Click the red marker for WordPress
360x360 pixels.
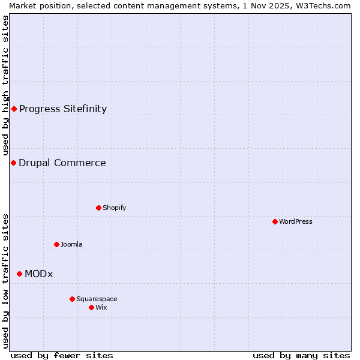pos(275,221)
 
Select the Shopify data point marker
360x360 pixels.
pos(98,208)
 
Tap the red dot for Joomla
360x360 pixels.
pos(57,244)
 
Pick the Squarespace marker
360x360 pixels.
pos(72,299)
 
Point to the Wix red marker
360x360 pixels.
pos(91,307)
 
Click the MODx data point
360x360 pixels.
pos(19,274)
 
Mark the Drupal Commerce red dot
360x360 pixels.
pos(13,163)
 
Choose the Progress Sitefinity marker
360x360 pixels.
pos(14,109)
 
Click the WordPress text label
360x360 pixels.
pos(296,221)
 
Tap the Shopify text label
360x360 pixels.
pos(114,208)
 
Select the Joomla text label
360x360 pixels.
pos(71,244)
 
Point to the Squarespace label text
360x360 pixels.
pos(97,299)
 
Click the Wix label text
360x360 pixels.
pos(101,307)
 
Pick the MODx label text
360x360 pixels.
pos(39,274)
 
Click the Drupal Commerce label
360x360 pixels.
pos(62,163)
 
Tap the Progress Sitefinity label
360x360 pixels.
pos(63,109)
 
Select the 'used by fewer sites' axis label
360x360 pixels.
pos(62,355)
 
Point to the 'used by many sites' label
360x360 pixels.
pos(301,355)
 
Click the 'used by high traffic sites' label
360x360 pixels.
pos(5,85)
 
